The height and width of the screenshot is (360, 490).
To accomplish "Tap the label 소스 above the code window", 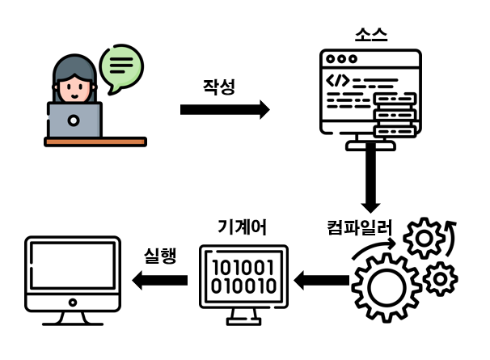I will [371, 35].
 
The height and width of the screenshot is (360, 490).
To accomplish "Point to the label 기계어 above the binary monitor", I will [243, 227].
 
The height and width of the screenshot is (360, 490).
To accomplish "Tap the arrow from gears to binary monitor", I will [322, 281].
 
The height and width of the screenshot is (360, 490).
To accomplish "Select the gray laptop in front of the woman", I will [74, 120].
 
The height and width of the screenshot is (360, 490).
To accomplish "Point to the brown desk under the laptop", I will [95, 142].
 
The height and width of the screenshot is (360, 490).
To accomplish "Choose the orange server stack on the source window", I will [395, 114].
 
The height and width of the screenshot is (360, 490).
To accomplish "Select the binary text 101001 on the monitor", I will [243, 268].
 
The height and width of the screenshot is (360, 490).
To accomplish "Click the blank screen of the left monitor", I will [72, 268].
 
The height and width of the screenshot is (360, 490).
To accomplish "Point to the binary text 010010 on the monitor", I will [243, 286].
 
